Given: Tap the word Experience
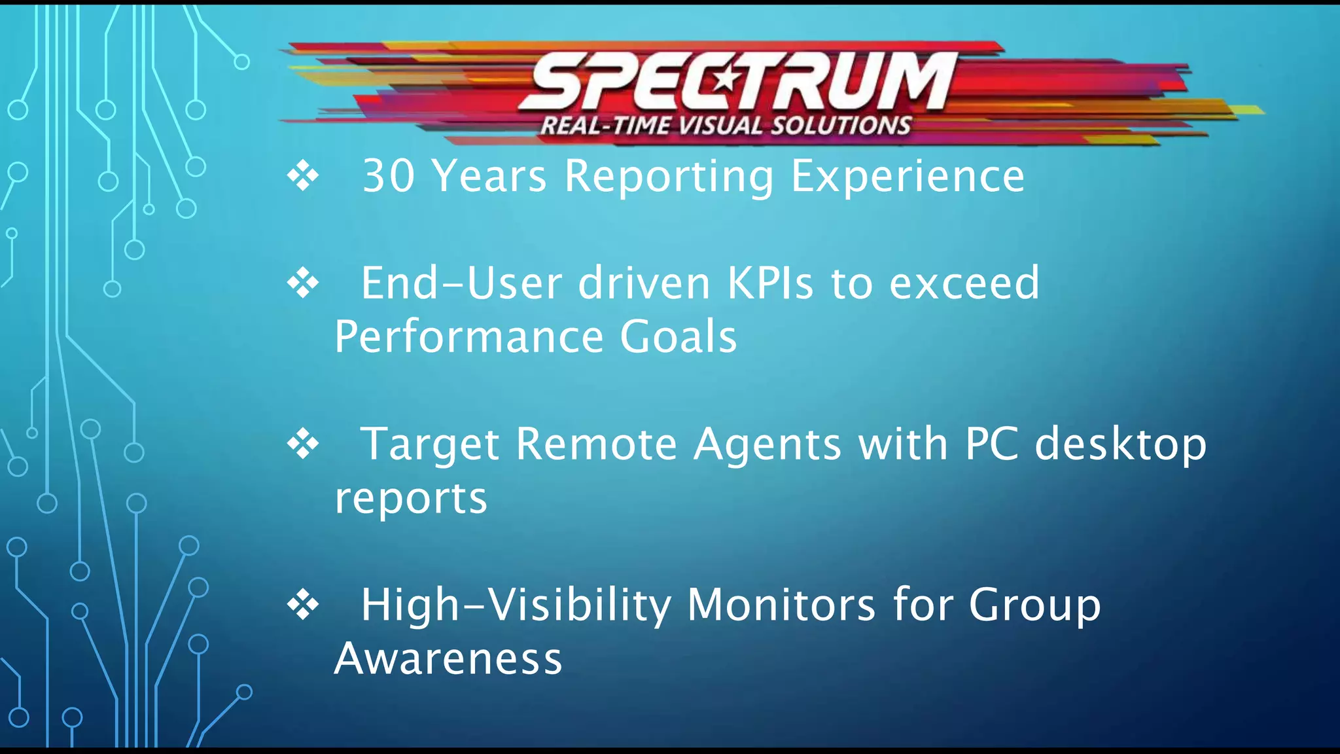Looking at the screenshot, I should pyautogui.click(x=908, y=177).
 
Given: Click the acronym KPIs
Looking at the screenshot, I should pyautogui.click(x=770, y=283).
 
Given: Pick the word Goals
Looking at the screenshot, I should pyautogui.click(x=678, y=337).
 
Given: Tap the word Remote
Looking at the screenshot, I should pyautogui.click(x=596, y=444).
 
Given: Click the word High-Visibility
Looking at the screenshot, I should pyautogui.click(x=516, y=605).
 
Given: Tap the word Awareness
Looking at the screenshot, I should pyautogui.click(x=448, y=659).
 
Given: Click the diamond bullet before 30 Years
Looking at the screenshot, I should pyautogui.click(x=303, y=176).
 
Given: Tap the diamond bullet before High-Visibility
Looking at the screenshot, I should pyautogui.click(x=303, y=604).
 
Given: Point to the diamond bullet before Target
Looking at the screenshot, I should pyautogui.click(x=303, y=444).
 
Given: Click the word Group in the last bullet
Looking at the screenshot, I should pyautogui.click(x=1034, y=605).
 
